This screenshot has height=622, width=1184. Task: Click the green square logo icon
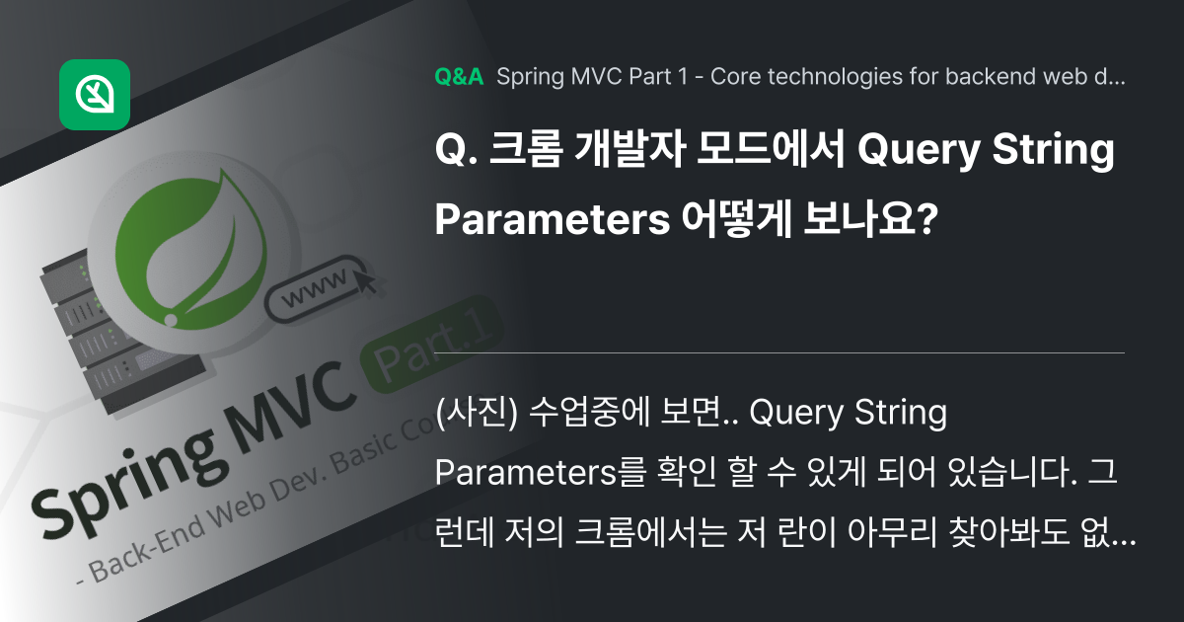click(x=95, y=95)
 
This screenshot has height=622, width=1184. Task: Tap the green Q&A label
click(x=459, y=78)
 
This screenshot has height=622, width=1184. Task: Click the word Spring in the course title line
click(x=527, y=78)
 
